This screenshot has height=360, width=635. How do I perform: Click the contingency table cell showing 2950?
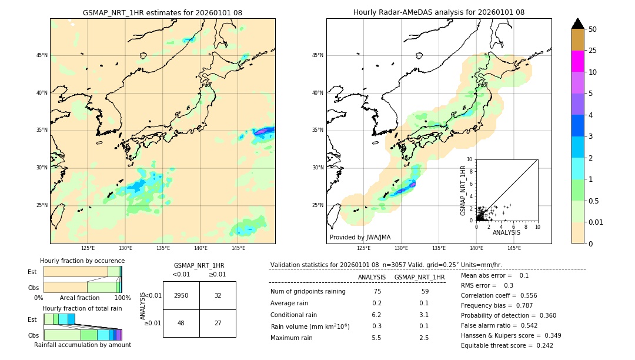(181, 295)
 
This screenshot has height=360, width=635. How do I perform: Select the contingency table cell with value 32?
(218, 295)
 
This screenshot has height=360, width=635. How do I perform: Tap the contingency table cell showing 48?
(181, 323)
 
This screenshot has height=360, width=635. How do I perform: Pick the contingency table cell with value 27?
(218, 323)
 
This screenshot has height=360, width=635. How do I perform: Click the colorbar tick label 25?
(593, 51)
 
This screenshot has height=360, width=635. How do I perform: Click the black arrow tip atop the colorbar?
(578, 22)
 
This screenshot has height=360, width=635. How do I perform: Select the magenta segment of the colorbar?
(578, 61)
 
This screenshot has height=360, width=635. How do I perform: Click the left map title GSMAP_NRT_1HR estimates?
(162, 12)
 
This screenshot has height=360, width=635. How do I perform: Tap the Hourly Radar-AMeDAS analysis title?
(439, 12)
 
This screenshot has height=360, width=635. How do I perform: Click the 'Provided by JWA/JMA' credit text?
(360, 237)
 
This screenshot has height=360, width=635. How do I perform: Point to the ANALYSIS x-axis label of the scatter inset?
(506, 232)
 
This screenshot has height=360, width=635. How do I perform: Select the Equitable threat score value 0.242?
(542, 345)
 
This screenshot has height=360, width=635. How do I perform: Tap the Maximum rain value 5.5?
(377, 338)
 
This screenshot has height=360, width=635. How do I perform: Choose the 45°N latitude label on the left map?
(42, 55)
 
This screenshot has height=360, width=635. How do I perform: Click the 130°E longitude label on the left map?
(125, 248)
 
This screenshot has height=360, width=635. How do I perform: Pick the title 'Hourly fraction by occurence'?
(82, 261)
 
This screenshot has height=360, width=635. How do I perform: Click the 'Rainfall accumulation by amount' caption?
(82, 345)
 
